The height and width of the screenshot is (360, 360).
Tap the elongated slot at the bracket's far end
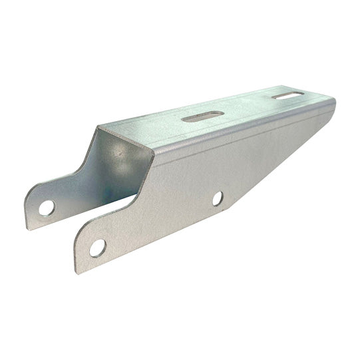285,96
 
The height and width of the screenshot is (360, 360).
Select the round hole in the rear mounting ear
46,208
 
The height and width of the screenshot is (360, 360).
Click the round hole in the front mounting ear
97,248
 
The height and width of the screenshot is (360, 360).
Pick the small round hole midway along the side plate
218,198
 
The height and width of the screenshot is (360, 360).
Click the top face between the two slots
243,108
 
